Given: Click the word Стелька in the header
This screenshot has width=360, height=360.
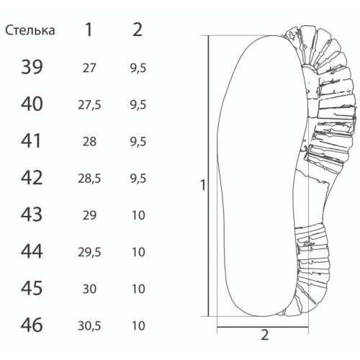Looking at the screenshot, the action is (x=30, y=30).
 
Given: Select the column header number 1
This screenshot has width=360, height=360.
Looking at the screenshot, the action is (x=89, y=30).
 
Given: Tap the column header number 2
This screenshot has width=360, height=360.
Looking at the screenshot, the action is (x=138, y=30).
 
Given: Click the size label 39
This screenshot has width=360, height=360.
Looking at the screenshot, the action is (x=32, y=67).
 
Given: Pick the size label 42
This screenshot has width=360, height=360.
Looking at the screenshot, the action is (x=32, y=178).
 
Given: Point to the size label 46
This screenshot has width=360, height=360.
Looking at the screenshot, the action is (x=32, y=325).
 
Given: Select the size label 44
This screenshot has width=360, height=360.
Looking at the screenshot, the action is (x=32, y=251).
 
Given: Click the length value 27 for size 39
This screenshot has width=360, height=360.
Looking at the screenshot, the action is (x=89, y=68).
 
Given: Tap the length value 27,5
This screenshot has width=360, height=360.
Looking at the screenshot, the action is (x=89, y=105).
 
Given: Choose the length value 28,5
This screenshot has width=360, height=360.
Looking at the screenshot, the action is (x=89, y=179).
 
